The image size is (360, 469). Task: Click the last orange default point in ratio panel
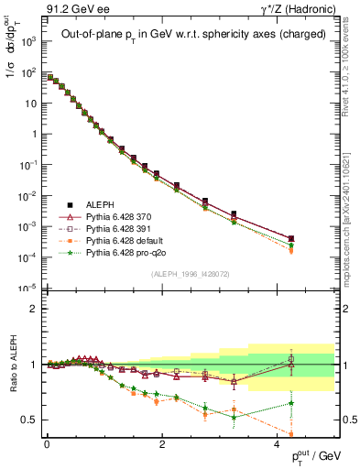point(291,434)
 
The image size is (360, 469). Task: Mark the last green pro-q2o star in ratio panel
point(291,403)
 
